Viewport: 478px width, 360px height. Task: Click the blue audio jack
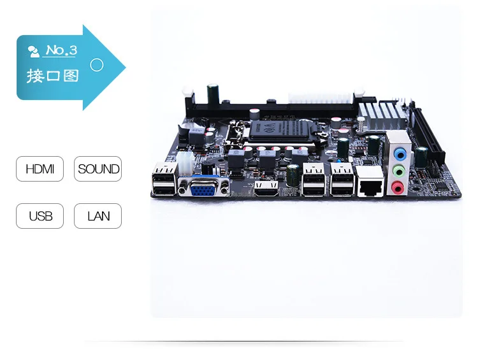pos(399,154)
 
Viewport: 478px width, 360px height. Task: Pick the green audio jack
pos(398,171)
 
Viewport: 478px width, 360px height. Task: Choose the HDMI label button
pos(40,169)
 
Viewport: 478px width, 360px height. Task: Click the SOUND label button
pos(98,169)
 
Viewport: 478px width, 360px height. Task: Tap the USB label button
pos(40,216)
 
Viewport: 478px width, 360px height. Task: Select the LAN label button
pos(98,216)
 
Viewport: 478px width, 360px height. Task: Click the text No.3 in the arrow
pos(61,51)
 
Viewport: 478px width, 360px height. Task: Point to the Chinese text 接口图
pos(52,76)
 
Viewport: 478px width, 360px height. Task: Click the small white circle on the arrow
pos(97,64)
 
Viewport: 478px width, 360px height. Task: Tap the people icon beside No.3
pos(34,52)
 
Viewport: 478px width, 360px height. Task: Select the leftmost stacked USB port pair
pos(164,182)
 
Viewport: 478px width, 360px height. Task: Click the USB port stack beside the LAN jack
pos(342,182)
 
